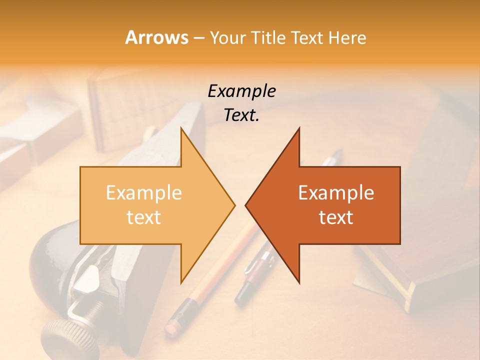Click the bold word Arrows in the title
click(x=156, y=37)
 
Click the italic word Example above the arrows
click(x=241, y=91)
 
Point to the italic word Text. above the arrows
click(x=241, y=115)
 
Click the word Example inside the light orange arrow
click(x=144, y=192)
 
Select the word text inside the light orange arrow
click(x=144, y=217)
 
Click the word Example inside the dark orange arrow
click(x=336, y=192)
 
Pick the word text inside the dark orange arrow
click(x=336, y=217)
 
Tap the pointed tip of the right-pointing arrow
click(x=234, y=204)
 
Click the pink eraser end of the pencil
click(x=172, y=325)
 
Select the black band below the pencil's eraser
click(x=186, y=306)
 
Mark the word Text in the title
click(x=307, y=37)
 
